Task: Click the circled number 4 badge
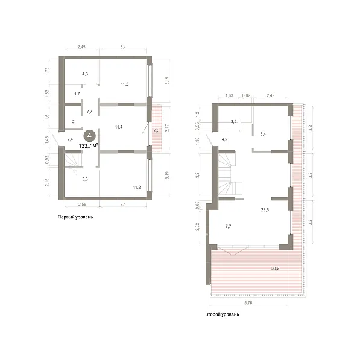tap(89, 136)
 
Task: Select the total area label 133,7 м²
tap(89, 145)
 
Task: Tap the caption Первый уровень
tap(75, 217)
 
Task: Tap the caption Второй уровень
tap(222, 314)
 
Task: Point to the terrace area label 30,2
tap(275, 268)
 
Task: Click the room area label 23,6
tap(265, 210)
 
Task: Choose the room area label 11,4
tap(119, 127)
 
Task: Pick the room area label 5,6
tap(85, 179)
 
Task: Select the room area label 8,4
tap(263, 134)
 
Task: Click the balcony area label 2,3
tap(156, 130)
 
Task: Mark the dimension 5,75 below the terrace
tap(248, 303)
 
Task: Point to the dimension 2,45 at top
tap(81, 47)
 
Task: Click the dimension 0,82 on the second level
tap(246, 95)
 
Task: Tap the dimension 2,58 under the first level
tap(82, 204)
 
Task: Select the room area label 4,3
tap(85, 74)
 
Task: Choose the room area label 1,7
tap(77, 94)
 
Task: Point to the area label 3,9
tap(233, 122)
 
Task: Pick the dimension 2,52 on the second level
tap(197, 227)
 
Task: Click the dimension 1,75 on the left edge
tap(47, 71)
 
